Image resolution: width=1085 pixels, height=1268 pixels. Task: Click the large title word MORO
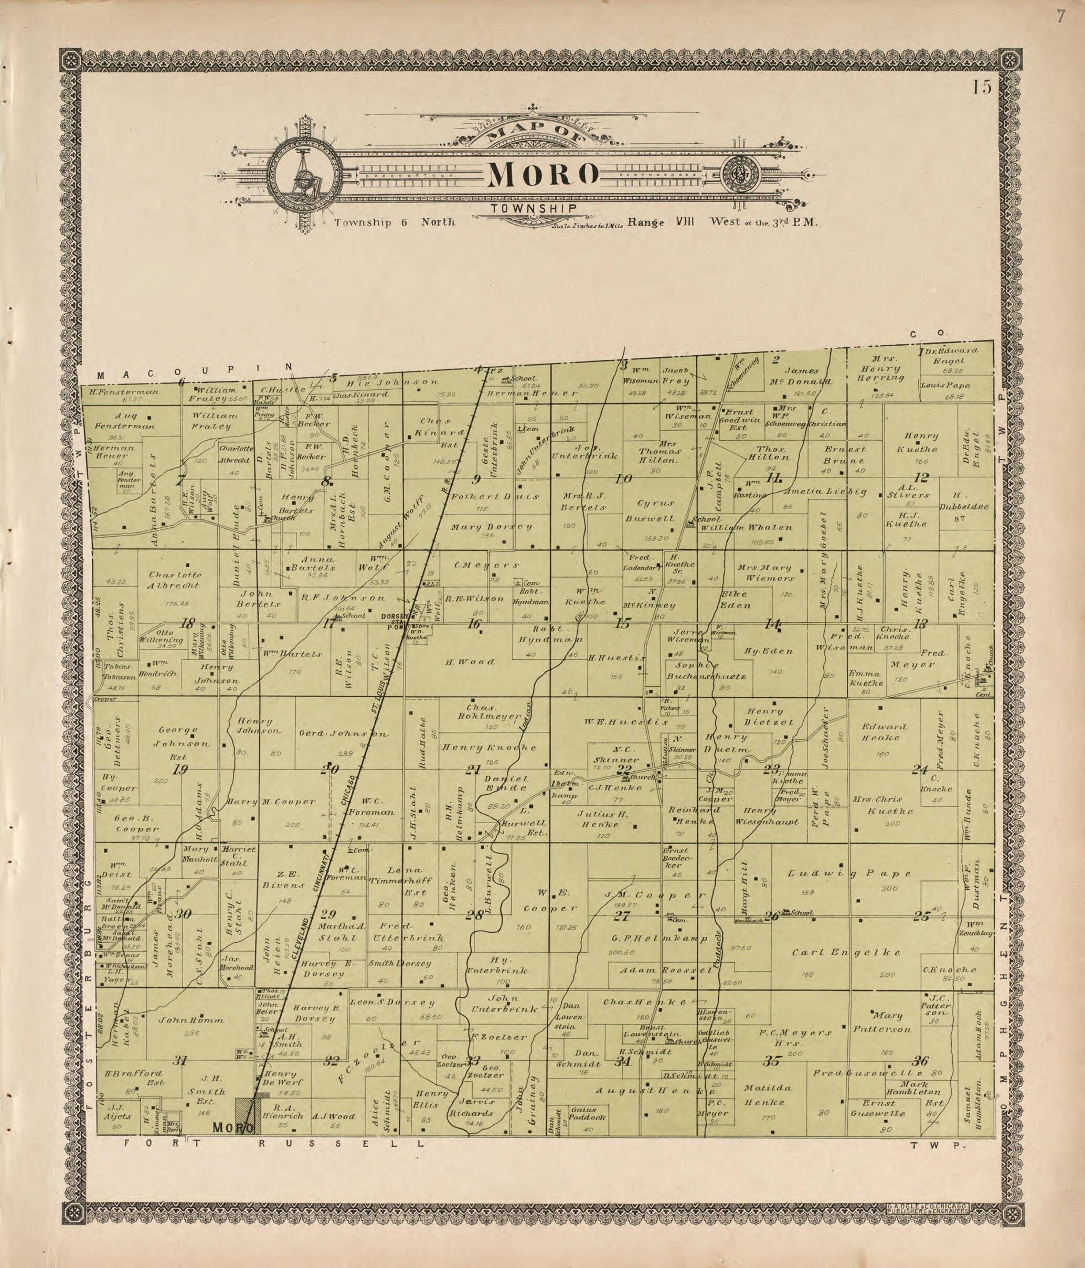tap(542, 175)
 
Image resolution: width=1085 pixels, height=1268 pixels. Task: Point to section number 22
tap(624, 769)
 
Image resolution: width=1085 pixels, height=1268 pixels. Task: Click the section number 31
tap(179, 1061)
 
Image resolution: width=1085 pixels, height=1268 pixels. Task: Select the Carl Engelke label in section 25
tap(847, 953)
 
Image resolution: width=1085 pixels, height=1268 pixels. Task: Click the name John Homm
tap(192, 1020)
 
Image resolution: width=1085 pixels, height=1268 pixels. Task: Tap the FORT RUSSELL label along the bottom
tap(272, 1142)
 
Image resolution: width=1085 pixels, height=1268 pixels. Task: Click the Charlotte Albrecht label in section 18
tap(175, 580)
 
